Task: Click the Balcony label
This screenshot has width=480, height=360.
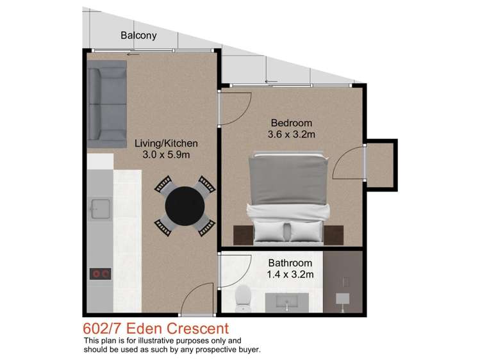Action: pyautogui.click(x=138, y=36)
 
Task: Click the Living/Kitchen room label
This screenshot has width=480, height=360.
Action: pyautogui.click(x=166, y=143)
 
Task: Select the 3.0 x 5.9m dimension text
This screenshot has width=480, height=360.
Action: pyautogui.click(x=166, y=155)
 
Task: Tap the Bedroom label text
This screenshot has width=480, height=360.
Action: pyautogui.click(x=291, y=123)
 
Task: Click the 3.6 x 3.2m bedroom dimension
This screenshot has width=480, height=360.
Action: pyautogui.click(x=291, y=135)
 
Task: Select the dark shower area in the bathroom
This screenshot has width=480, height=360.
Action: pyautogui.click(x=343, y=282)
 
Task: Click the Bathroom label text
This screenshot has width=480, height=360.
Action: pyautogui.click(x=290, y=263)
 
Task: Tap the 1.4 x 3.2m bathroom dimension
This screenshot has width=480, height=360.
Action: pyautogui.click(x=290, y=274)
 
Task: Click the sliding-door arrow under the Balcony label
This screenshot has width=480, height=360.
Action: pyautogui.click(x=133, y=54)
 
